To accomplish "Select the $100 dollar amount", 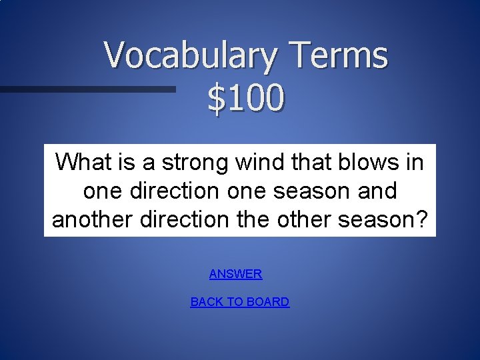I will pyautogui.click(x=245, y=99).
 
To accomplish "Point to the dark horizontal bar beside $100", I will pyautogui.click(x=87, y=89).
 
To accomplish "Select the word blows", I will pyautogui.click(x=367, y=161).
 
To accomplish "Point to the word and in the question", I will pyautogui.click(x=377, y=191).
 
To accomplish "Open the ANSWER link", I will pyautogui.click(x=235, y=274).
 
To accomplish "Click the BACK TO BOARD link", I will pyautogui.click(x=240, y=302).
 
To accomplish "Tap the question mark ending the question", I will pyautogui.click(x=427, y=219).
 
